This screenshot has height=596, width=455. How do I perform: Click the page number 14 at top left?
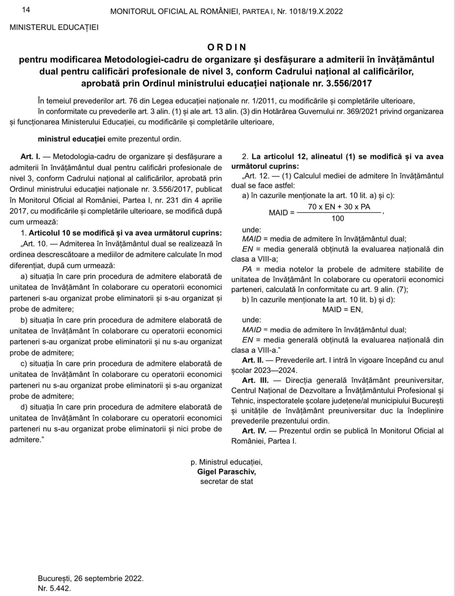pos(26,10)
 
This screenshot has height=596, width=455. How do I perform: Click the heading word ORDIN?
pos(227,47)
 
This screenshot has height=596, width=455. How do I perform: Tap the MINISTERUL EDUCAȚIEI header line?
pos(54,28)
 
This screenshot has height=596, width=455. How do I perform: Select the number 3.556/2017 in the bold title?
pos(349,83)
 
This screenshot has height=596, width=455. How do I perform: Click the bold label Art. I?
pos(30,157)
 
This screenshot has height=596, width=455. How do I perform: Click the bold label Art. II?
pos(253,360)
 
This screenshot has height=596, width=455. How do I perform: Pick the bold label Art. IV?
pos(254,431)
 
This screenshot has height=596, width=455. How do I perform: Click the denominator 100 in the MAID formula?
pos(338,219)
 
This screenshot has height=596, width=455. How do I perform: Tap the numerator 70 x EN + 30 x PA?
pos(339,207)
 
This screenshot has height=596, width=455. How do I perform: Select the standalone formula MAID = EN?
pos(342,310)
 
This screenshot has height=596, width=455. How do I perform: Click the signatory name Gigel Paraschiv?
pos(226,472)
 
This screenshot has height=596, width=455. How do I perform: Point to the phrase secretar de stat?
pos(227,481)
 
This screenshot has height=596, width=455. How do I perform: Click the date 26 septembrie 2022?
pos(108,578)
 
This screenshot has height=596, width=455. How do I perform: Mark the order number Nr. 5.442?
pos(54,588)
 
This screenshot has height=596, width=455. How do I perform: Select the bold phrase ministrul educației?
pos(72,139)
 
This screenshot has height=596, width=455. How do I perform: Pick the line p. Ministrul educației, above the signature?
pos(226,462)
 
